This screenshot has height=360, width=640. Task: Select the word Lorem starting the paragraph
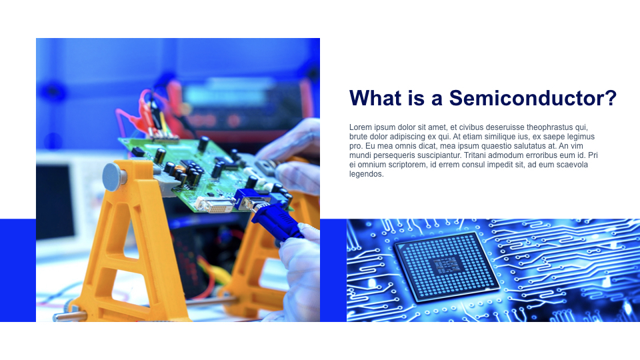[x=361, y=127]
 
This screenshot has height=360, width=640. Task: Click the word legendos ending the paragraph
[x=366, y=174]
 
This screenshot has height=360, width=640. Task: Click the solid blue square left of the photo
[x=17, y=270]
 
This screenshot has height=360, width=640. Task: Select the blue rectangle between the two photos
[x=333, y=270]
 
